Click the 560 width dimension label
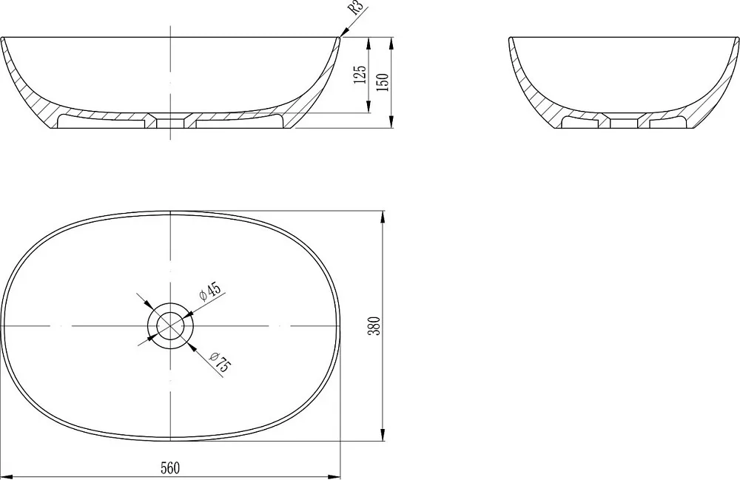tap(170, 468)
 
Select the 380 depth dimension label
tap(374, 326)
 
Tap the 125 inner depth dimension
tap(360, 75)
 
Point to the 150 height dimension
tap(383, 82)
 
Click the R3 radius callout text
tap(357, 8)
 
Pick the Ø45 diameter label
tap(210, 291)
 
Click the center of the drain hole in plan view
tap(170, 326)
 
